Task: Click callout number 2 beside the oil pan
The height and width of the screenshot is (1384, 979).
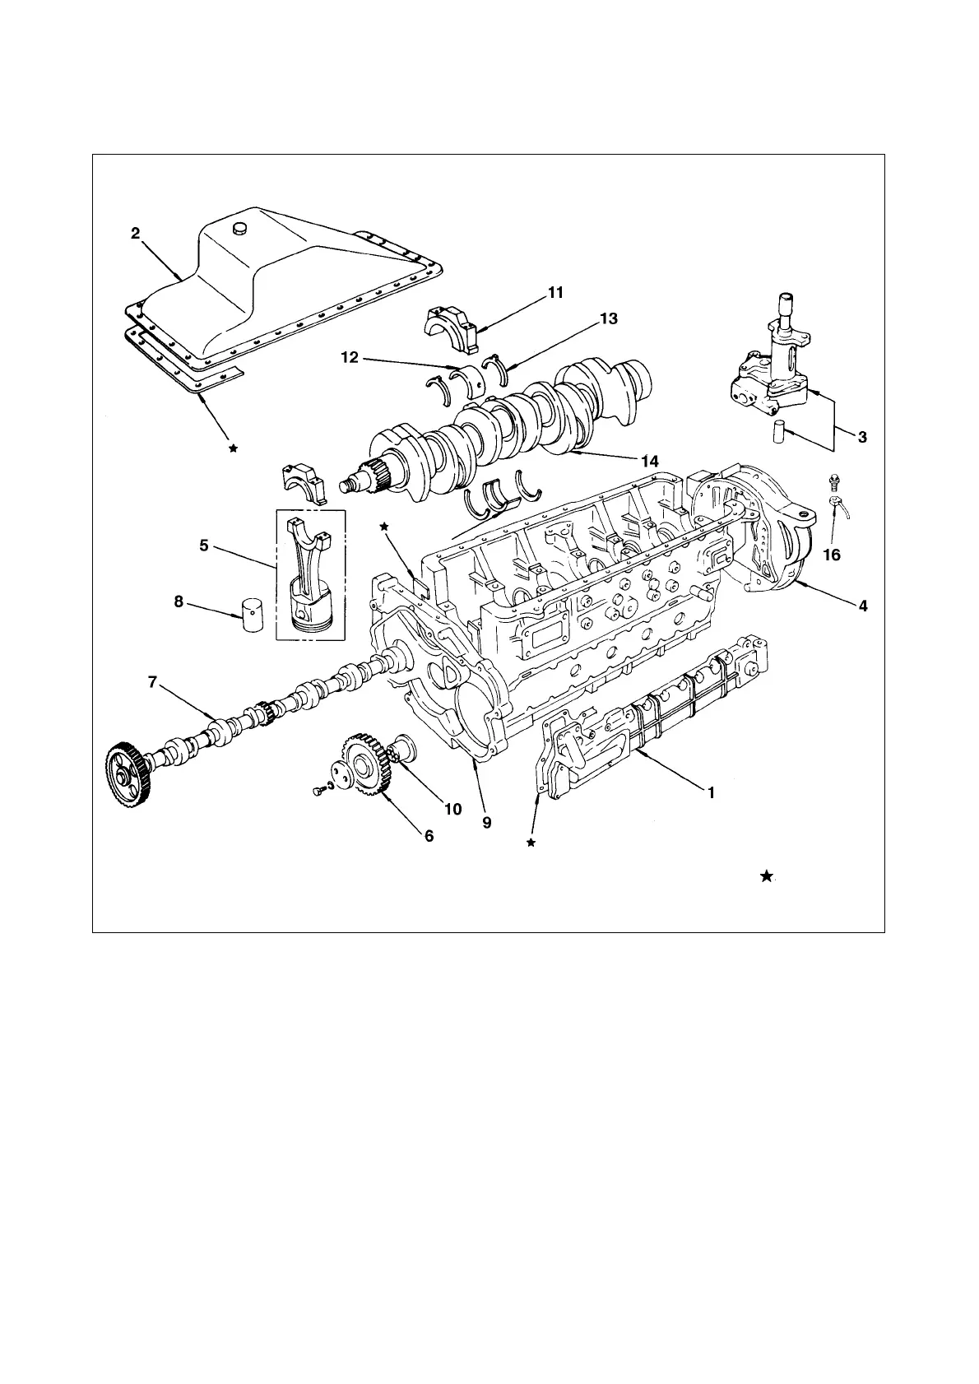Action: coord(136,234)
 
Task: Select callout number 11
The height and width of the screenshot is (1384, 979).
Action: coord(555,292)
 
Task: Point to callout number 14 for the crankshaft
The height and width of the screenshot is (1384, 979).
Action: coord(649,462)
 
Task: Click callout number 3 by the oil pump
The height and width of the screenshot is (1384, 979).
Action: coord(862,437)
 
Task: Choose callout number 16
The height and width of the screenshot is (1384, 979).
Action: coord(832,555)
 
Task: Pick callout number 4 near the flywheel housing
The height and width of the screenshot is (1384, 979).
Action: coord(862,606)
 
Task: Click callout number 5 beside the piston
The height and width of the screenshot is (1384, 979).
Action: coord(203,545)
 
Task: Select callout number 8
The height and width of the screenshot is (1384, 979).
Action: coord(179,601)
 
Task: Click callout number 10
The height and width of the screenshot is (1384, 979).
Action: coord(452,808)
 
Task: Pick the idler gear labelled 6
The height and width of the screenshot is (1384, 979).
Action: coord(363,764)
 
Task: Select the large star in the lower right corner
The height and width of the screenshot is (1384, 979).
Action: coord(766,876)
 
